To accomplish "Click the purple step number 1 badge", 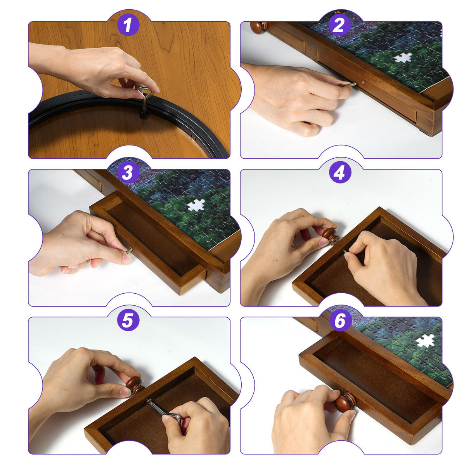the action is click(128, 25).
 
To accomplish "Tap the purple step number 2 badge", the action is click(340, 25).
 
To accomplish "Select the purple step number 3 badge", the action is click(128, 173).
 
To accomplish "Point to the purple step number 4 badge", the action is click(340, 173).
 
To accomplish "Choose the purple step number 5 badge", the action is click(128, 320).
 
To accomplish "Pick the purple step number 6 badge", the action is click(340, 320).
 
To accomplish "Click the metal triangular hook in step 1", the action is click(145, 95).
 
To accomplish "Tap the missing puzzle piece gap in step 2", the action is click(403, 58).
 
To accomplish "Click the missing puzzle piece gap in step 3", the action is click(196, 205).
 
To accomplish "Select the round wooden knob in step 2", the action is click(258, 28).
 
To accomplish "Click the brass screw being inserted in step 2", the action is click(348, 85).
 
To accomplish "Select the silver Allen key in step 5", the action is click(164, 410).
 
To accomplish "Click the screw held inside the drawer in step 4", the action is click(346, 253).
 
